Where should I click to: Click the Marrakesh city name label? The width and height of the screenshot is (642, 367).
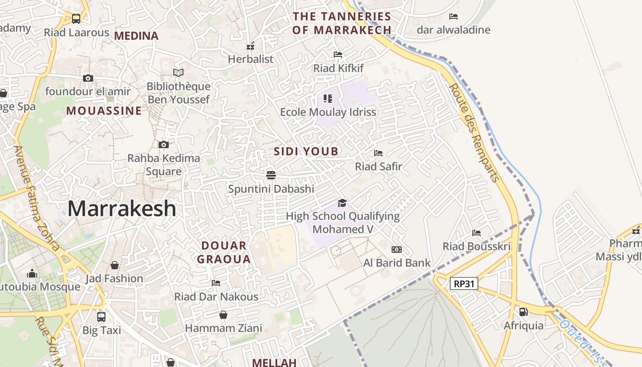tap(122, 209)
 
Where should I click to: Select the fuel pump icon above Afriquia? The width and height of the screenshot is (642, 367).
tap(523, 312)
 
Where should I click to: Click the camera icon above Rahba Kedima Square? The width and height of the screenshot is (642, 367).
tap(164, 145)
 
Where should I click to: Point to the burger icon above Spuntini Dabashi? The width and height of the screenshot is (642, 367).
tap(271, 175)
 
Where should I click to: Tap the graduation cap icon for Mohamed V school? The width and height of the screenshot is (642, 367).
tap(342, 203)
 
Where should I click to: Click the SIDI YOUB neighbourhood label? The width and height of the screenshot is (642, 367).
tap(306, 151)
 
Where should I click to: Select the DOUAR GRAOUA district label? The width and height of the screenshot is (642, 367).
tap(224, 252)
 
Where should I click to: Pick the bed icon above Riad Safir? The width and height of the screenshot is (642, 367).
tap(378, 153)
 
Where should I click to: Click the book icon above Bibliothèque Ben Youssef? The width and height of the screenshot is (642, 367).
tap(178, 72)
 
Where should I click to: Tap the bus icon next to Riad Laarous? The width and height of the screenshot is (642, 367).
tap(76, 19)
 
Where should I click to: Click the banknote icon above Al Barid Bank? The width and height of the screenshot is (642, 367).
tap(397, 250)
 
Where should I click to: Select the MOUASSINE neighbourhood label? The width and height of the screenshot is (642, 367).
tap(104, 111)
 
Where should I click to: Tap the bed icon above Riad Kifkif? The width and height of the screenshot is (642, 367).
tap(338, 55)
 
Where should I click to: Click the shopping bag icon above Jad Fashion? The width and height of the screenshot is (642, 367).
tap(115, 265)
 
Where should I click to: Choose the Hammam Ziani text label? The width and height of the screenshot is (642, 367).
tap(223, 328)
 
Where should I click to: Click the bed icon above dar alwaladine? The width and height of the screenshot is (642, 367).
tap(454, 17)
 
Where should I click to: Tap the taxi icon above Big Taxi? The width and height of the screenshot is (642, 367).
tap(101, 317)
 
